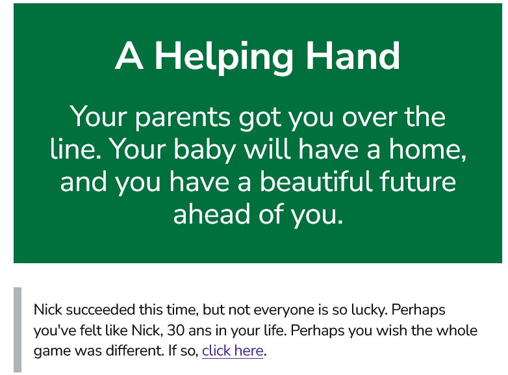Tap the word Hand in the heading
tap(353, 55)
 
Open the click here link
tap(233, 351)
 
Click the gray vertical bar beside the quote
tap(18, 330)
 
